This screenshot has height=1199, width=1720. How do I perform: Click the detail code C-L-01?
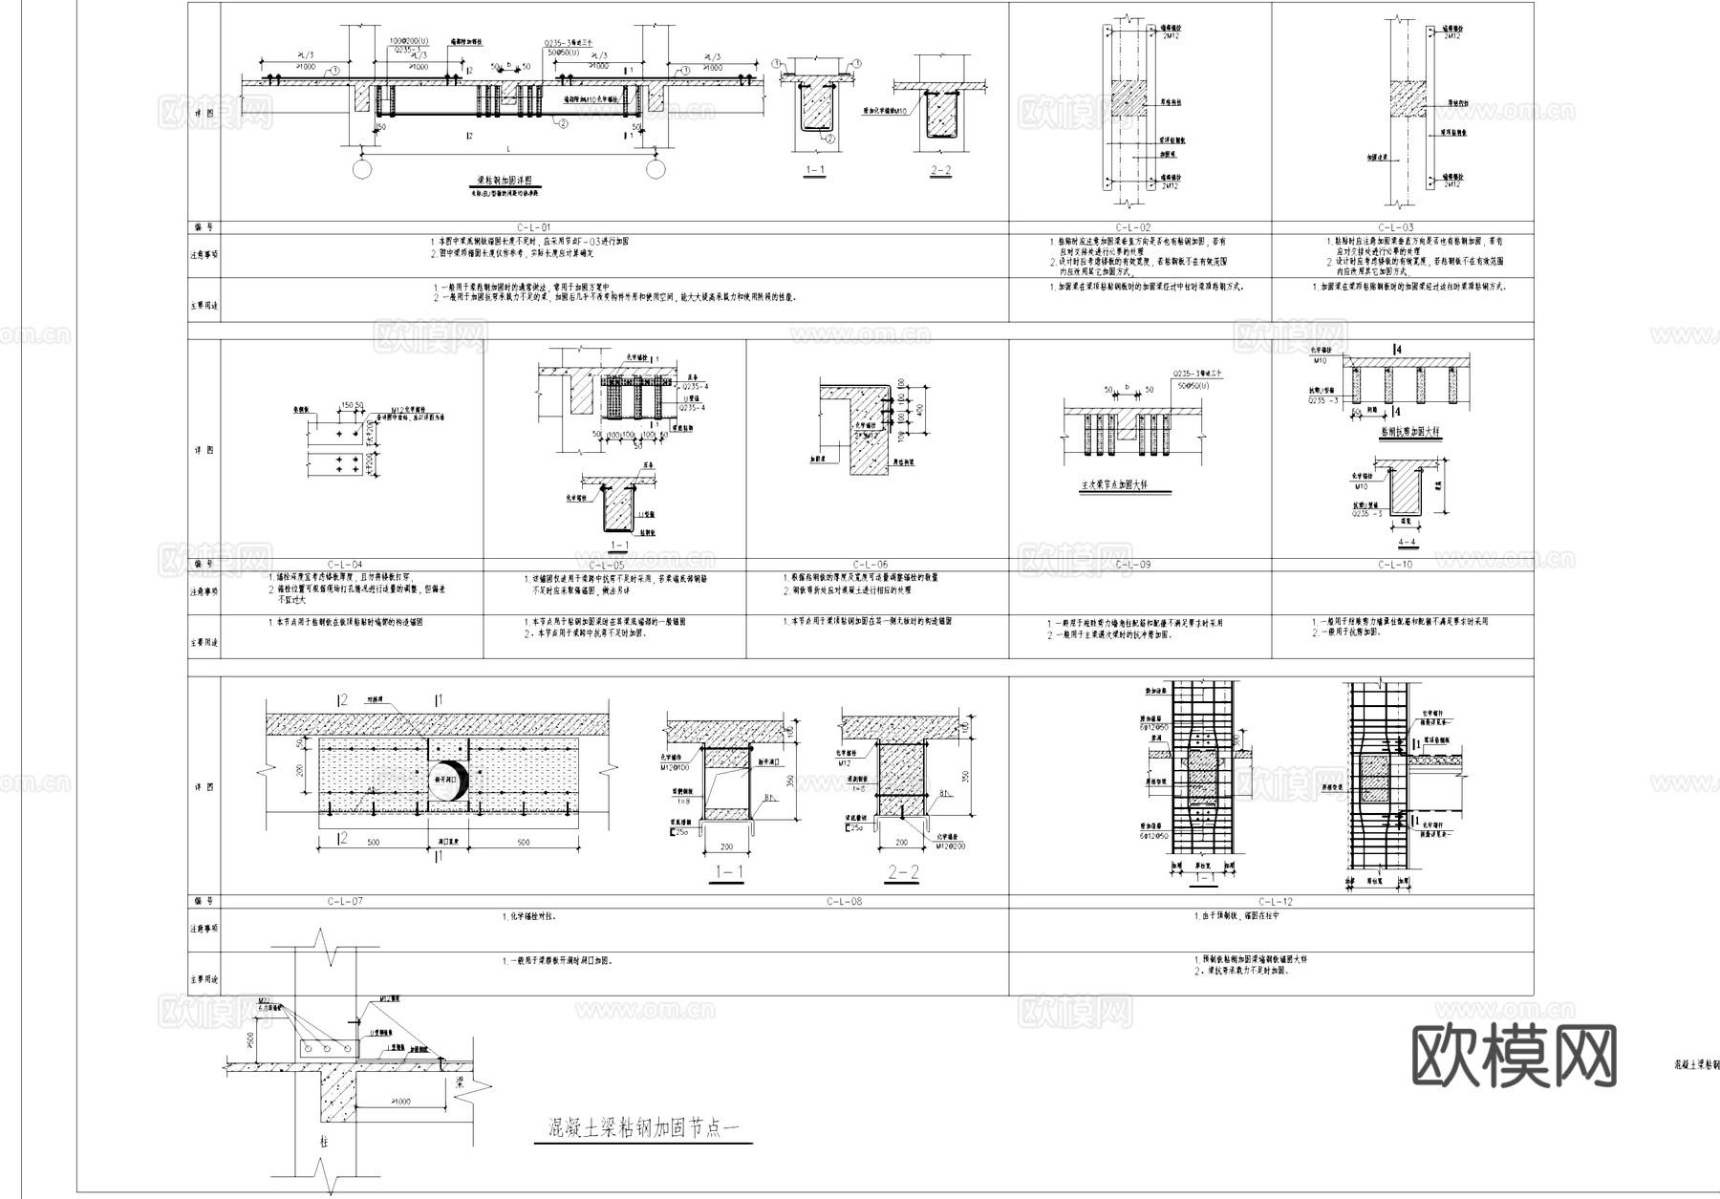pos(534,227)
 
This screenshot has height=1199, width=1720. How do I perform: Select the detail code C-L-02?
pos(1140,227)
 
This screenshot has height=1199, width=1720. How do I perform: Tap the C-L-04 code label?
pos(345,565)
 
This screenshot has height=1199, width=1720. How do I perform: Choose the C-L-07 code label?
pos(345,901)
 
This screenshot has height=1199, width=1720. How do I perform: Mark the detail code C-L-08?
pos(844,901)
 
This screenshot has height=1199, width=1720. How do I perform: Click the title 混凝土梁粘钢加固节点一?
pos(642,1131)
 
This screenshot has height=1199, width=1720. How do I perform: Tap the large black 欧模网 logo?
pos(1514,1055)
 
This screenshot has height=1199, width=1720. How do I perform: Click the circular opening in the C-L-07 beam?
pos(447,781)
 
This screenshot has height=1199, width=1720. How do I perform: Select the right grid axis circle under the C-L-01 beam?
pos(656,169)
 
